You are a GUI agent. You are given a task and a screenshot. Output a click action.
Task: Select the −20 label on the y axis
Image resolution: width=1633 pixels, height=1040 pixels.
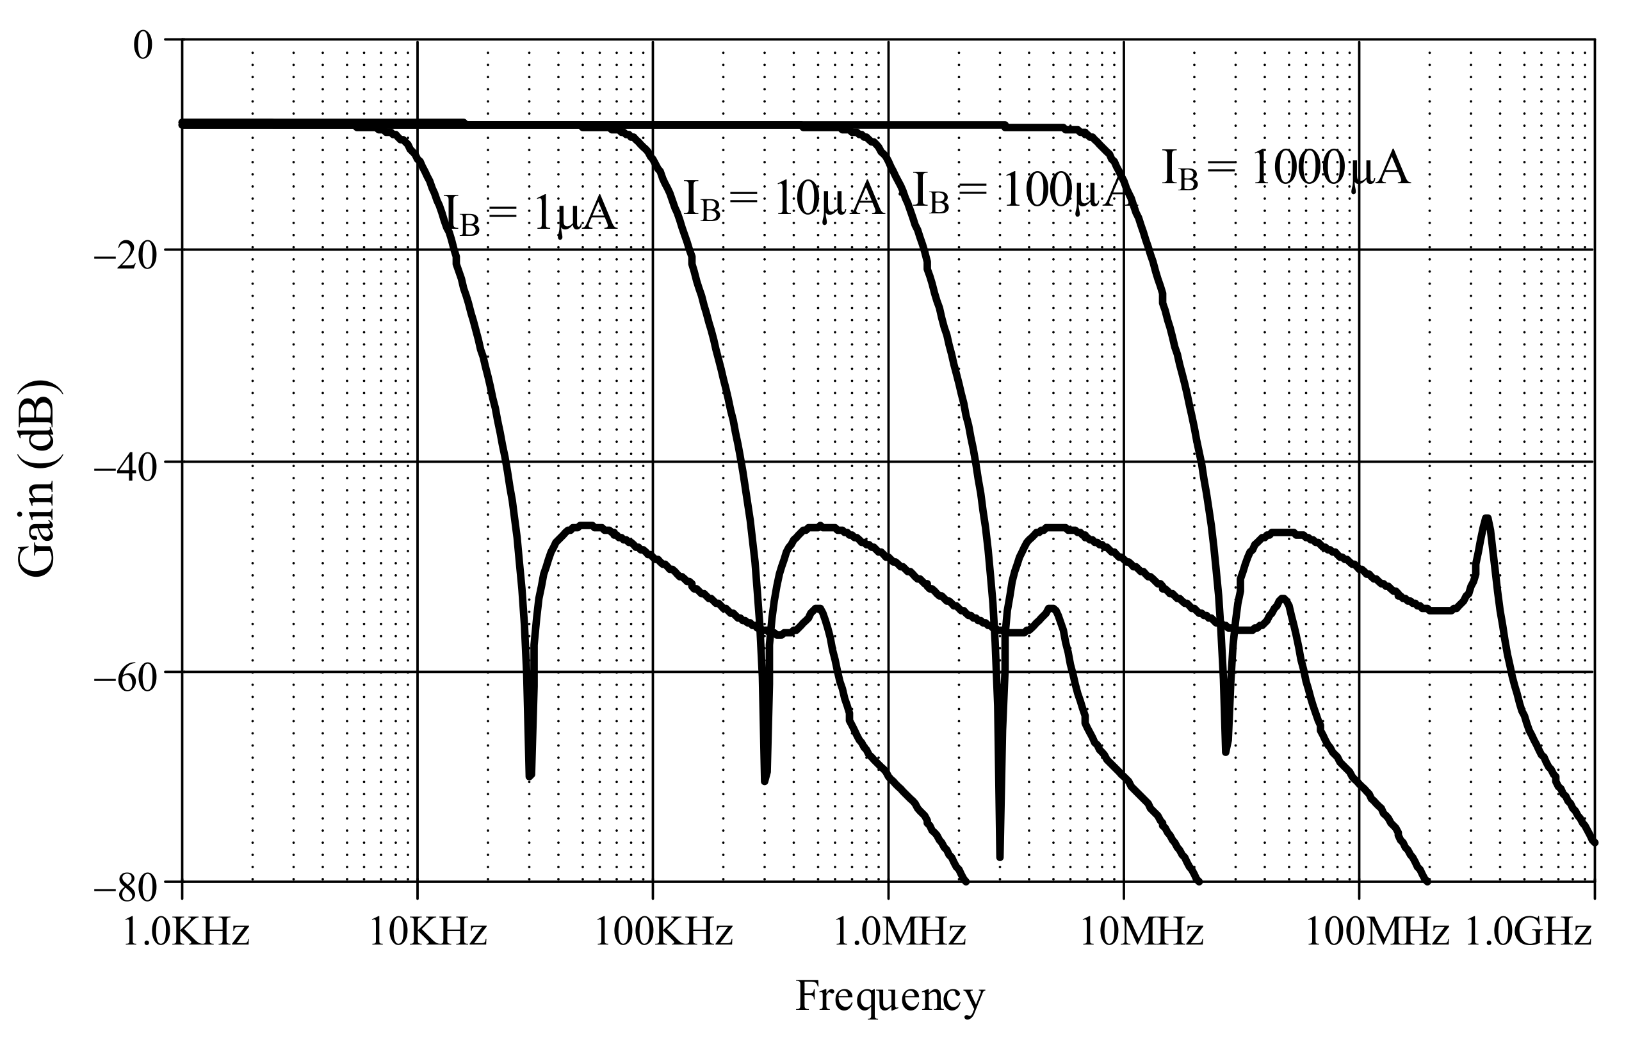coord(125,257)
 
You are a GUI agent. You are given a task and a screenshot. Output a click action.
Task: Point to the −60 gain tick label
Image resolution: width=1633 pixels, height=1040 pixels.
coord(125,679)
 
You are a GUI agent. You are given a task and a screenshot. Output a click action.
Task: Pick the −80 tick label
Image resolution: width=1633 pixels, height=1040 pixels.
coord(125,889)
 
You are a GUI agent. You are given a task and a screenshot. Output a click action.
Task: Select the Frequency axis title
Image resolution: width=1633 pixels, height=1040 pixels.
coord(889,997)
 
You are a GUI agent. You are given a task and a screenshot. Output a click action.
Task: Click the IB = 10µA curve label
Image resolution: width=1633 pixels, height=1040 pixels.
coord(784,199)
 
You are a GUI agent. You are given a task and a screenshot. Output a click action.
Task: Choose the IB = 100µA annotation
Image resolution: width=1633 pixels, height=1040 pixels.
coord(1024,192)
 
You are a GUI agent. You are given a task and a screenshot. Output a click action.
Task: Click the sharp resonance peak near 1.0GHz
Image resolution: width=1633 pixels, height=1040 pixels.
coord(1486,519)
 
